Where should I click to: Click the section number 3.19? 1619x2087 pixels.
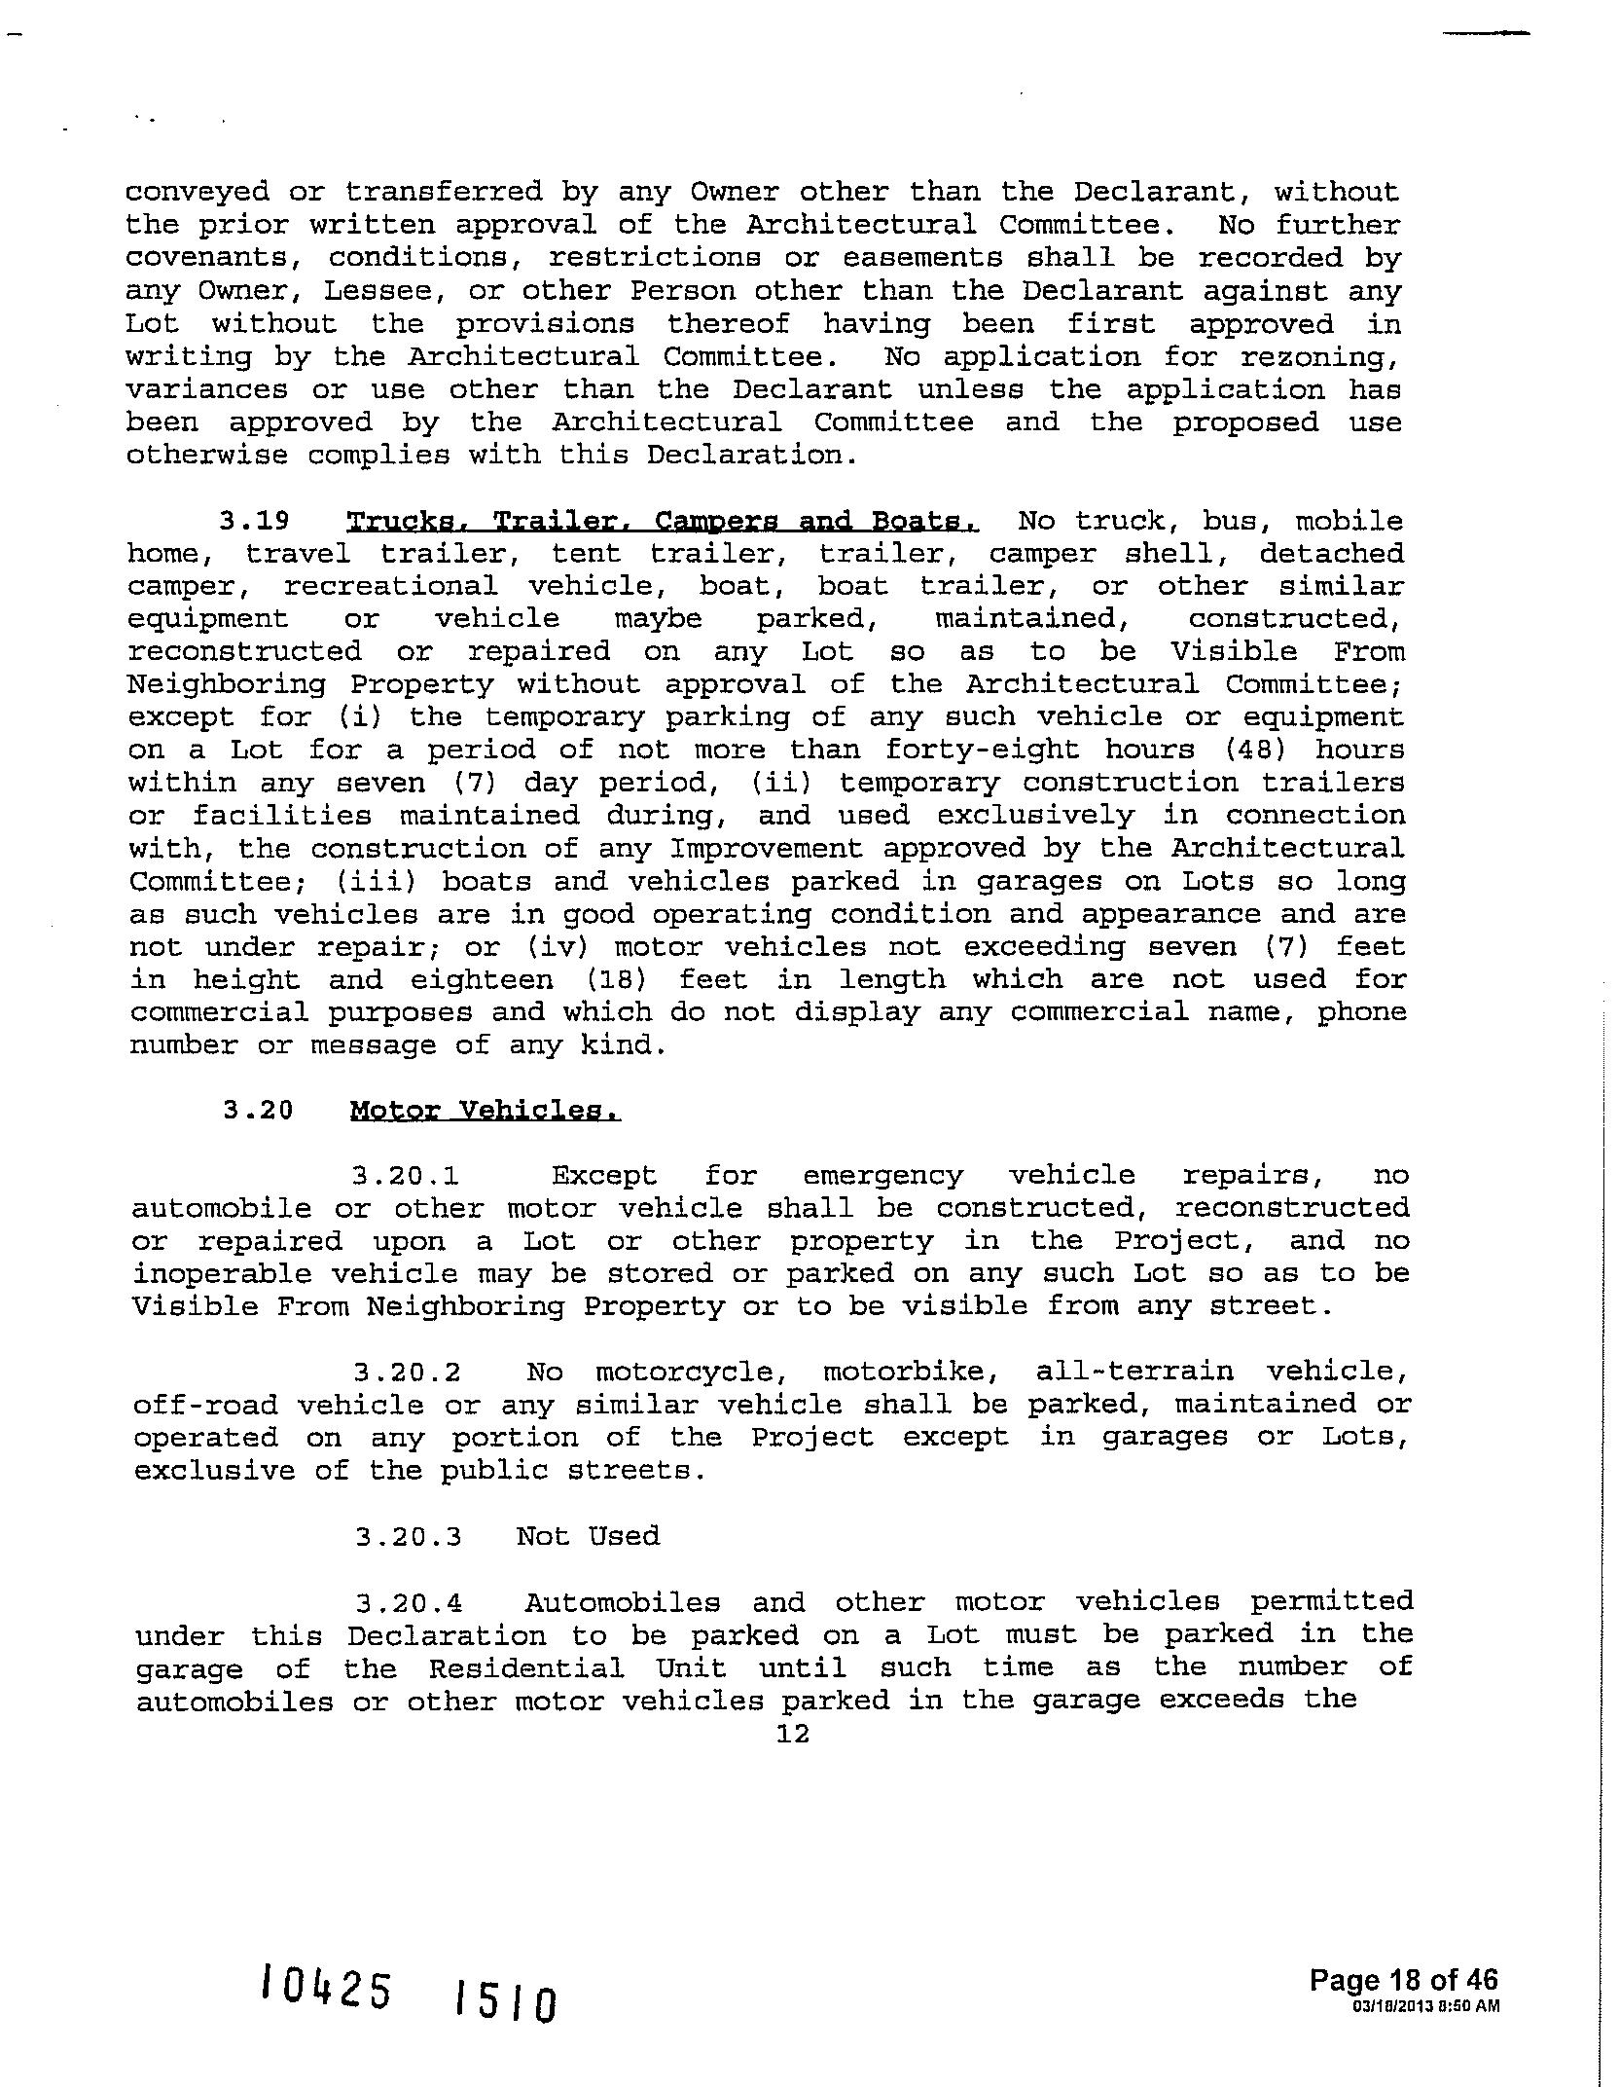coord(254,521)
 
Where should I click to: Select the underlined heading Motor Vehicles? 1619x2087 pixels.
coord(485,1111)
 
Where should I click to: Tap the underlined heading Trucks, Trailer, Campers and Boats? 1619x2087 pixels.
coord(663,521)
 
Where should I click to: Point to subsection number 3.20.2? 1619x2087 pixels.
coord(408,1373)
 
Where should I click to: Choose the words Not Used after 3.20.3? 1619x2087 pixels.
coord(588,1536)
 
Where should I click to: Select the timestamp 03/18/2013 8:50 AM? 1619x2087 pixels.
coord(1425,2005)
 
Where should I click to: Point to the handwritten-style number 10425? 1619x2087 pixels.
coord(326,1986)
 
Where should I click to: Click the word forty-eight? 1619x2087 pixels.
coord(982,750)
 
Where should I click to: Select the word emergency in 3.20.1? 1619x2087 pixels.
coord(882,1176)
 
